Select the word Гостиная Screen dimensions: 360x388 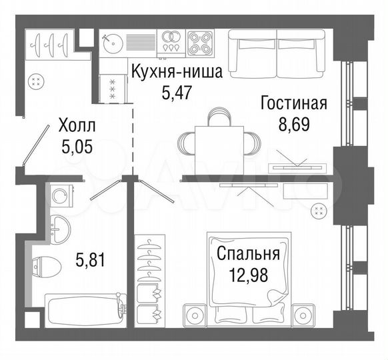point(293,103)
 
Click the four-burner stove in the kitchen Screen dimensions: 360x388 point(201,43)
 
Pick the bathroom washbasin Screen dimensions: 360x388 point(61,228)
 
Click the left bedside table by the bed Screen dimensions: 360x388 point(195,313)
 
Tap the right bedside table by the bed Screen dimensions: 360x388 point(306,313)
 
